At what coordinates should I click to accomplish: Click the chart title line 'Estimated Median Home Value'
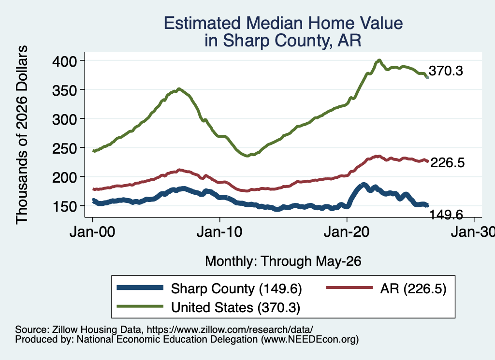(x=283, y=23)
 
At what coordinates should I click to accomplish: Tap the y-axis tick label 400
(x=64, y=61)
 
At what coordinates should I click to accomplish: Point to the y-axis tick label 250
(x=64, y=148)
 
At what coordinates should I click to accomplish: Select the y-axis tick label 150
(x=64, y=206)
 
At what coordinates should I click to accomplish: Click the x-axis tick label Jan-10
(x=219, y=232)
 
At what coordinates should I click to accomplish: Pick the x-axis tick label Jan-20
(x=347, y=232)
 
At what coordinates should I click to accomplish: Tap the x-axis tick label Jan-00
(x=92, y=232)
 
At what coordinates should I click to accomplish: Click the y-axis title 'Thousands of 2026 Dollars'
(x=22, y=135)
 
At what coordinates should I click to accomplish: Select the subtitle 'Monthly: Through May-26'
(x=283, y=261)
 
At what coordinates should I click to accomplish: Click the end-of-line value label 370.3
(x=446, y=71)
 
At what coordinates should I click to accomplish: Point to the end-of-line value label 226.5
(x=447, y=162)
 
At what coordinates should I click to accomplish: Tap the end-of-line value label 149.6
(x=446, y=215)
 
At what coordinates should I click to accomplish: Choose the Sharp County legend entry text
(x=236, y=289)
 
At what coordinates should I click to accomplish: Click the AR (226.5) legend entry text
(x=413, y=289)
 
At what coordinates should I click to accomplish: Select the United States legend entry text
(x=235, y=308)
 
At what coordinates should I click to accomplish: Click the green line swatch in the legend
(x=140, y=306)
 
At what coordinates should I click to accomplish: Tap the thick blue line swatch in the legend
(x=140, y=288)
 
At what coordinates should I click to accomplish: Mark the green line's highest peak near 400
(x=379, y=60)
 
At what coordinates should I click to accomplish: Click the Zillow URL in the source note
(x=230, y=330)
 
